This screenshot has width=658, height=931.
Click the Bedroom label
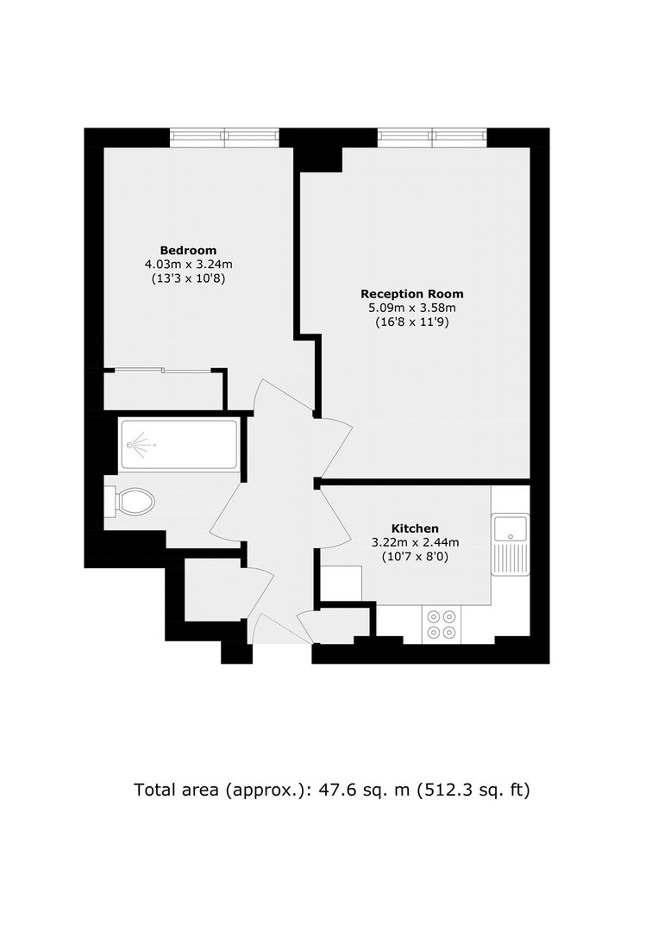188,250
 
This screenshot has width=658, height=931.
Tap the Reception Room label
412,293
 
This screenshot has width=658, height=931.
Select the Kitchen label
415,528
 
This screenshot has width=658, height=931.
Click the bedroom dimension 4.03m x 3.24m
188,265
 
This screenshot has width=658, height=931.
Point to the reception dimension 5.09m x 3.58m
412,308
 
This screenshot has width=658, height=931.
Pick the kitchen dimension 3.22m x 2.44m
415,542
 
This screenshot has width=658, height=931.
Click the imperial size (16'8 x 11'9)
412,322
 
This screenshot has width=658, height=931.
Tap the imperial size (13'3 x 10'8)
188,278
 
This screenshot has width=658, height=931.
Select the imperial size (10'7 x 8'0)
415,556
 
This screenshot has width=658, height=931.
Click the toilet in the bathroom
129,503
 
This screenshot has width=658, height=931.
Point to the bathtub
179,444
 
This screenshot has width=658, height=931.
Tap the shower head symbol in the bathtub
138,445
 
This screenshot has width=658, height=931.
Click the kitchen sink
511,545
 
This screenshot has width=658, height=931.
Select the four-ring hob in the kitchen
442,624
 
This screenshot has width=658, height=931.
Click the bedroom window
224,138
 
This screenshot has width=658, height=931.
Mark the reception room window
432,138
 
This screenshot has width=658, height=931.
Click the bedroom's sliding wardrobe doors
162,371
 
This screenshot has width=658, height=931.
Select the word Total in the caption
154,790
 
